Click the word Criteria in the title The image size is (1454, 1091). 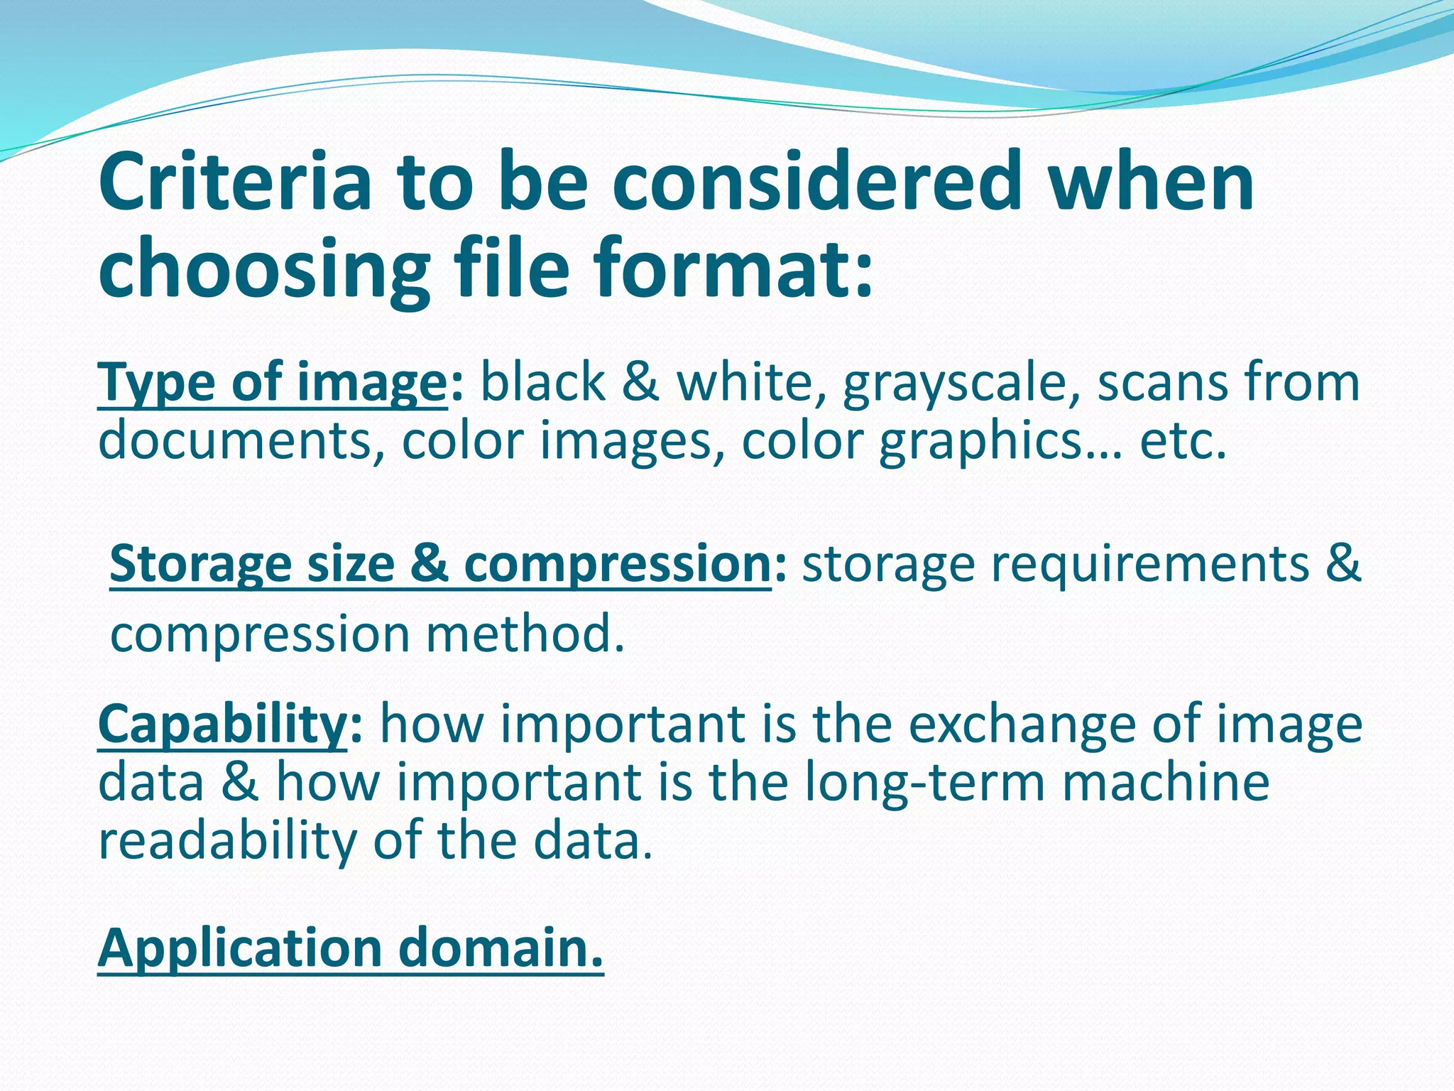[235, 183]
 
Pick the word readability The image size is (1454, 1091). [227, 841]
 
